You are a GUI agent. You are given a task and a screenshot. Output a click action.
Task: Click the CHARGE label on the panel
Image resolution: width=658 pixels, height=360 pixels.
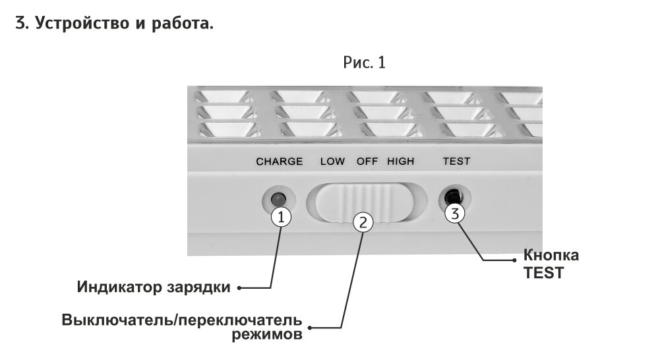click(279, 162)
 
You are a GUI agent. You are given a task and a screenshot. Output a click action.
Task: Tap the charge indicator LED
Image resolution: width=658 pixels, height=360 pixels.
click(278, 198)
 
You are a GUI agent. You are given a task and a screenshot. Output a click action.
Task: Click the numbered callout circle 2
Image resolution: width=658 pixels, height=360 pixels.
click(362, 222)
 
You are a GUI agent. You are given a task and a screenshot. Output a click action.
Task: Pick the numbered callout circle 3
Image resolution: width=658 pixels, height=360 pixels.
click(455, 213)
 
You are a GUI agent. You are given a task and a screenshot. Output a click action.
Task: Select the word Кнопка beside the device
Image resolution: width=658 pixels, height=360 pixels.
click(551, 256)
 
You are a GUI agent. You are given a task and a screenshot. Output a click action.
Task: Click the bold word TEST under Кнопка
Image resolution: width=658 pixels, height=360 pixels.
click(543, 272)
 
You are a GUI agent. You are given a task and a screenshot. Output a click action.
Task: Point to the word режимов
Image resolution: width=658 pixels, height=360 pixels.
click(267, 335)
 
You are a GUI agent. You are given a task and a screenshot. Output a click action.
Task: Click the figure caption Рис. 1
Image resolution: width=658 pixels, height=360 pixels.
click(364, 63)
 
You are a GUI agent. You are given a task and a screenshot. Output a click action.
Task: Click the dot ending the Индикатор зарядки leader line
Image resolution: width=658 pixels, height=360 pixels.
click(239, 287)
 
